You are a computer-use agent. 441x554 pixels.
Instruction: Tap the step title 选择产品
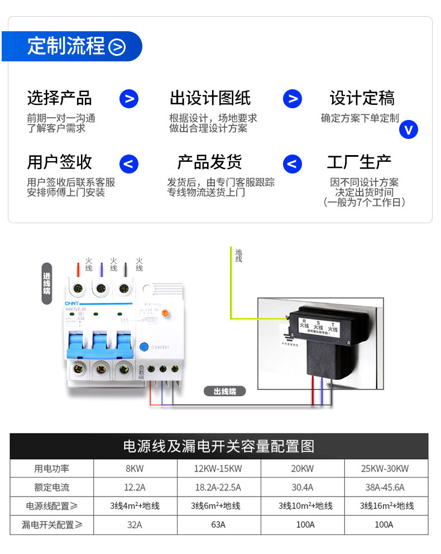click(60, 98)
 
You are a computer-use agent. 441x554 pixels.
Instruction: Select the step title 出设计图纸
click(210, 98)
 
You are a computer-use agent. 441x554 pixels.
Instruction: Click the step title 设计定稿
click(362, 98)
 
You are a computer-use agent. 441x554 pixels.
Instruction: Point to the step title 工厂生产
click(359, 162)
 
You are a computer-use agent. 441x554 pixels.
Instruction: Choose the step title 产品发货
click(210, 162)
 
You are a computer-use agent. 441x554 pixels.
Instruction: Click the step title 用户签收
click(60, 162)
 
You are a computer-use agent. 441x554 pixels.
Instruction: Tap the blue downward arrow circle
click(409, 129)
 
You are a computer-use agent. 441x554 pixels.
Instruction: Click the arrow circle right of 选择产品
click(129, 99)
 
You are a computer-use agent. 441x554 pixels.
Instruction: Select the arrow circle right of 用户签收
click(129, 164)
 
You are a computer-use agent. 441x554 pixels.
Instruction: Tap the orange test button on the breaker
click(165, 314)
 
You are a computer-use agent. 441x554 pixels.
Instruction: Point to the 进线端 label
click(47, 283)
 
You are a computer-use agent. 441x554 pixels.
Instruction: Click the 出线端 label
click(225, 391)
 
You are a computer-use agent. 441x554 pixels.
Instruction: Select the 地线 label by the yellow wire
click(239, 256)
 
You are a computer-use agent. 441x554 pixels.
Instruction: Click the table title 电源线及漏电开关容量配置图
click(219, 446)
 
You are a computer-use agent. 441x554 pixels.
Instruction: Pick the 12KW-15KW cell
click(218, 469)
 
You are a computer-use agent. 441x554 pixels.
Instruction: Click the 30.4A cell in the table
click(302, 487)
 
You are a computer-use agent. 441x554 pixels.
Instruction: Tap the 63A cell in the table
click(218, 524)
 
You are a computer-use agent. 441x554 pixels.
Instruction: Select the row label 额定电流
click(52, 487)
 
